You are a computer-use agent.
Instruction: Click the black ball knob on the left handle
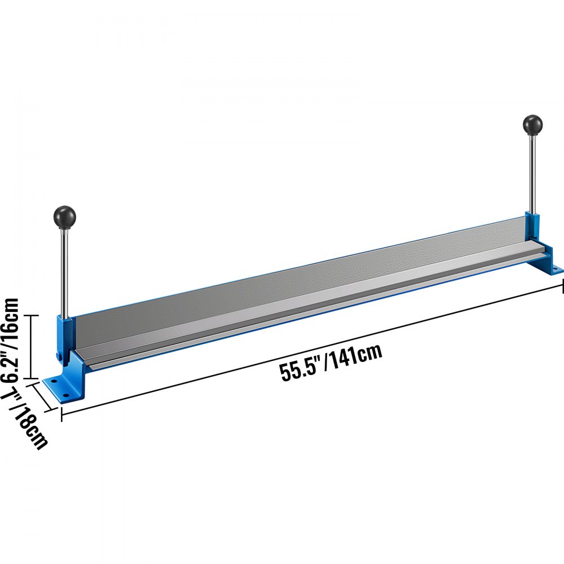65,216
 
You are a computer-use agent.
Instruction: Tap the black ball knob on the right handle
532,125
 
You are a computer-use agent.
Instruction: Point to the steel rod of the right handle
532,175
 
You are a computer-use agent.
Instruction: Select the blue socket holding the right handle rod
531,223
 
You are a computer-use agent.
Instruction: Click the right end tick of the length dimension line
563,287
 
